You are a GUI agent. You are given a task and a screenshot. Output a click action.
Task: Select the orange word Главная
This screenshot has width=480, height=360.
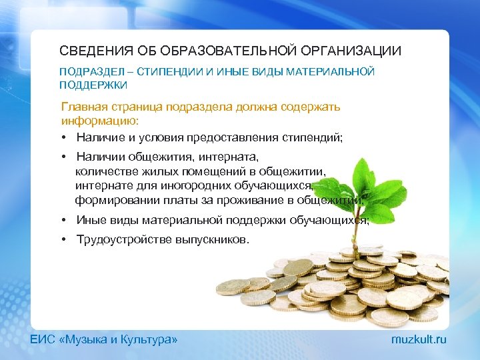[87, 107]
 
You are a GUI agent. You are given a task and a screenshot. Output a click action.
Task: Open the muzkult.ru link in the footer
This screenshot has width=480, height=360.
[419, 340]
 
